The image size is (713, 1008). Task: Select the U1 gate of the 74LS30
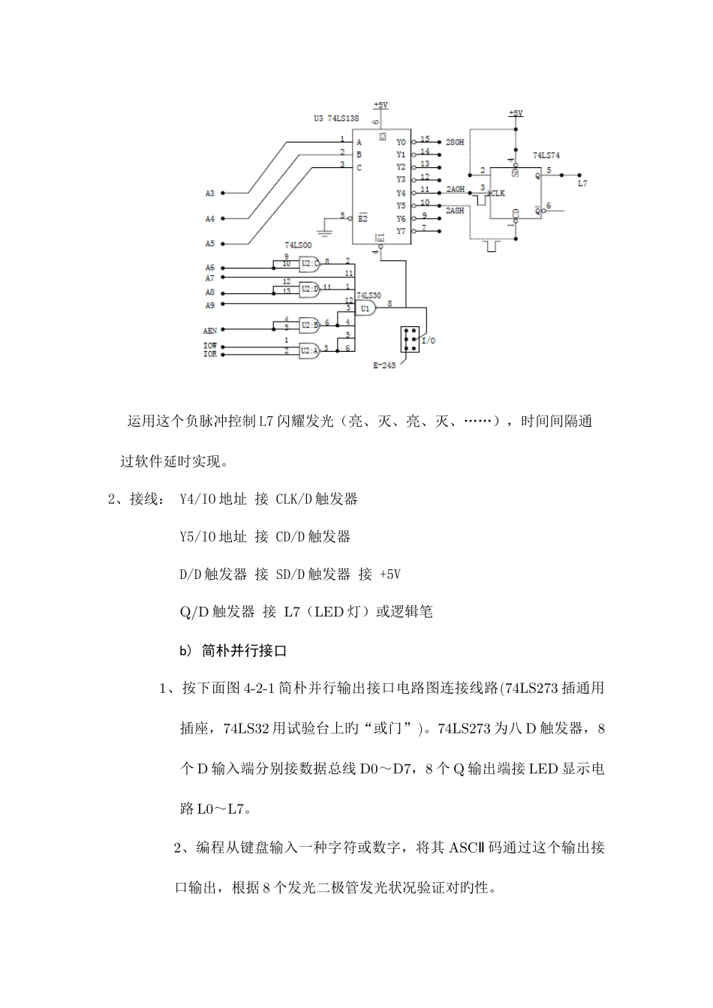pyautogui.click(x=366, y=308)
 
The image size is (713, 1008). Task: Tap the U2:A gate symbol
pyautogui.click(x=308, y=349)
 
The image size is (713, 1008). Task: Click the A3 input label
pyautogui.click(x=210, y=193)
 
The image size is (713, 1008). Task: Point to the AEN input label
pyautogui.click(x=211, y=329)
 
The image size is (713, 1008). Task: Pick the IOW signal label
pyautogui.click(x=211, y=345)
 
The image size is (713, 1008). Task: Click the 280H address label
pyautogui.click(x=455, y=141)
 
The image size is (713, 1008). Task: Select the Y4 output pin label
pyautogui.click(x=401, y=193)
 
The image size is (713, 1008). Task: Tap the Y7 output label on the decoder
pyautogui.click(x=401, y=230)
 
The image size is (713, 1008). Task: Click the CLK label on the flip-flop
pyautogui.click(x=498, y=193)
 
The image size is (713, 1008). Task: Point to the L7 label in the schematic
pyautogui.click(x=582, y=182)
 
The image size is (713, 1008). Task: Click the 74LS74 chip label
pyautogui.click(x=546, y=155)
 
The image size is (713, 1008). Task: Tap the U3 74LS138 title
pyautogui.click(x=336, y=118)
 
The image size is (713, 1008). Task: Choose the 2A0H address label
pyautogui.click(x=455, y=188)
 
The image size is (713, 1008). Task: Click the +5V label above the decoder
pyautogui.click(x=381, y=105)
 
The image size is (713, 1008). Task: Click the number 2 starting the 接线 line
pyautogui.click(x=113, y=499)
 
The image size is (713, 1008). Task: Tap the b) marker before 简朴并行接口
pyautogui.click(x=186, y=651)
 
